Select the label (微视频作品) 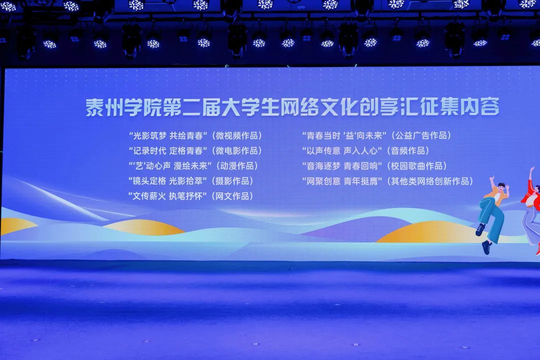tap(237, 135)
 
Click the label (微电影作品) tap(237, 151)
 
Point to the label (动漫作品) tap(237, 166)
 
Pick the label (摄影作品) tap(232, 181)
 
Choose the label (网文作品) tap(232, 196)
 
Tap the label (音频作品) tap(408, 151)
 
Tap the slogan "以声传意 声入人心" tap(342, 151)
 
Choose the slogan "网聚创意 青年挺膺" tap(342, 181)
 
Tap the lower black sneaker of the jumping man tap(486, 247)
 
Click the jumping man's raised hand tap(491, 179)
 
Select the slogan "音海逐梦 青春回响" tap(342, 166)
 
